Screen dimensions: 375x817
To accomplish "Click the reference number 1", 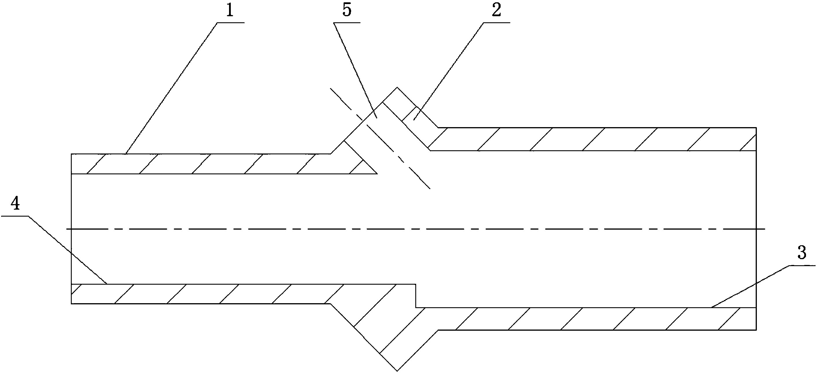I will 230,11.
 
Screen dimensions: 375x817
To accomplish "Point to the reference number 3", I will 801,253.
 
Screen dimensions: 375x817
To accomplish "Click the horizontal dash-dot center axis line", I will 412,229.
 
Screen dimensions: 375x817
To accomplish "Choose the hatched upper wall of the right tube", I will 587,139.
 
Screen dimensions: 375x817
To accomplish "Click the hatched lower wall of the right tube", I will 587,319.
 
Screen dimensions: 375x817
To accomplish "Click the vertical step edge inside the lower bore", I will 416,296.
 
